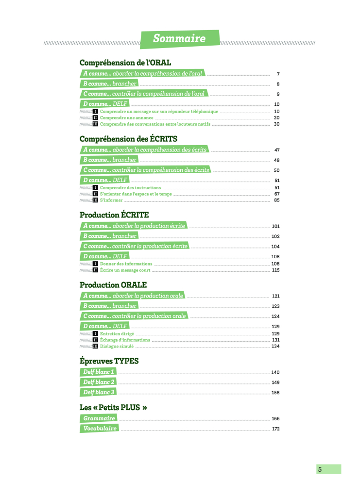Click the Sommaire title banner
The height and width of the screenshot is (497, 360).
coord(180,39)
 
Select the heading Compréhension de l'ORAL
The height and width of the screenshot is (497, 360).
coord(125,63)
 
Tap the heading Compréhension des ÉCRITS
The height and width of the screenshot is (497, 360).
coord(128,139)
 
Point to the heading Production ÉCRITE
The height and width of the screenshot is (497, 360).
coord(114,215)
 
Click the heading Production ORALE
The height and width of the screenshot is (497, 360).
coord(113,285)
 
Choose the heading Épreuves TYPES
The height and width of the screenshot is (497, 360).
coord(109,361)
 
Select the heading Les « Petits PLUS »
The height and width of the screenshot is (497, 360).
coord(113,408)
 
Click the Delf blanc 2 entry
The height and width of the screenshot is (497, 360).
coord(98,382)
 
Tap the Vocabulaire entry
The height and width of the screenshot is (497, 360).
coord(99,428)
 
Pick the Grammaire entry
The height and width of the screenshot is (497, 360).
coord(99,418)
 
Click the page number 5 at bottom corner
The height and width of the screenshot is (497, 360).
coord(320,469)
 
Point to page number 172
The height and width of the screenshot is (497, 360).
coord(275,429)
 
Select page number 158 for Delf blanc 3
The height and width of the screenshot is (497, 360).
coord(275,393)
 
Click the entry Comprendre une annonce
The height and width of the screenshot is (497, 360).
coord(126,117)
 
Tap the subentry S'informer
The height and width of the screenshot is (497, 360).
coord(111,200)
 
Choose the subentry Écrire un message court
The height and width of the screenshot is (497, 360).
coord(125,270)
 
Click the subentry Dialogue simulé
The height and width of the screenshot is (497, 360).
coord(117,346)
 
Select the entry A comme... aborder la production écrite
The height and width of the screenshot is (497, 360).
coord(134,226)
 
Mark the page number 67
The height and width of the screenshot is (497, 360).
coord(277,194)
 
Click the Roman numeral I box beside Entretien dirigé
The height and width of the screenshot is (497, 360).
coord(95,334)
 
